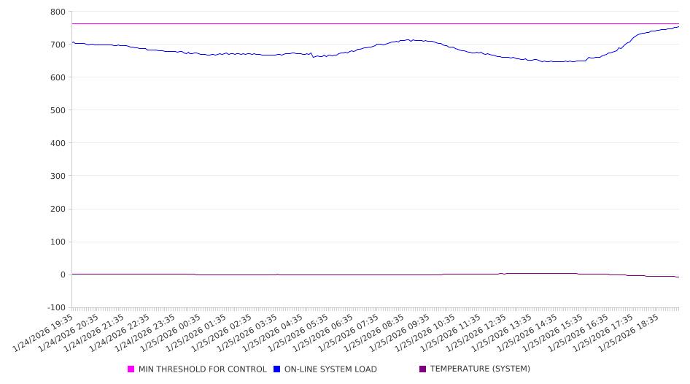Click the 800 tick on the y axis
tap(58, 12)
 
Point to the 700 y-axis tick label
tap(58, 45)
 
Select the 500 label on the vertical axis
tap(58, 110)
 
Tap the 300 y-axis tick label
tap(58, 176)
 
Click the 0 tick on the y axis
tap(63, 274)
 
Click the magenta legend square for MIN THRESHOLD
tap(131, 369)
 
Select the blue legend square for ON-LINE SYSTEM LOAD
tap(277, 369)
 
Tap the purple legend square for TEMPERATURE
tap(423, 369)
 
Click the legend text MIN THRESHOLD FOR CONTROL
tap(202, 369)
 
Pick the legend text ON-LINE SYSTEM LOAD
tap(330, 369)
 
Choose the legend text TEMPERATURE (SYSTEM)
tap(480, 369)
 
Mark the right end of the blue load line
tap(678, 27)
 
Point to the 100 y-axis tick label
tap(58, 242)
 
